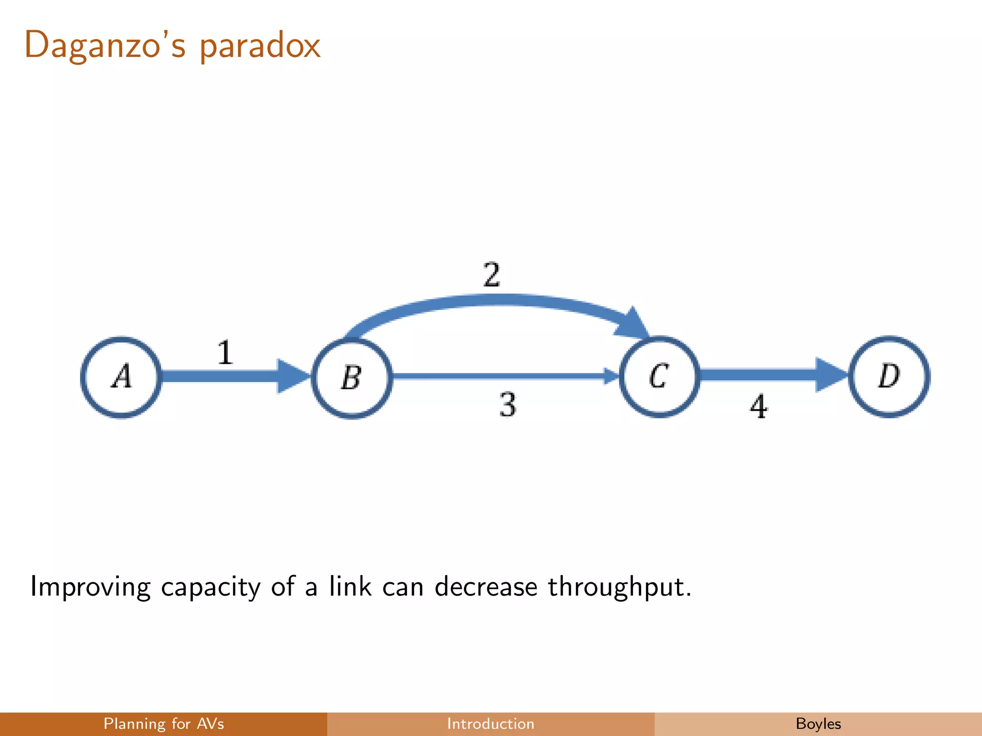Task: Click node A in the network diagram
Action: click(x=121, y=377)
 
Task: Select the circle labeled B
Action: click(x=352, y=378)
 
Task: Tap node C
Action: click(x=659, y=377)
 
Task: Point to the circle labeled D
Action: click(x=889, y=377)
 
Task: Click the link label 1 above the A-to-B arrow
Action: click(x=225, y=353)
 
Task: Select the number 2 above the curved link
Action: click(x=492, y=275)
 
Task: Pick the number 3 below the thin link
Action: click(x=508, y=405)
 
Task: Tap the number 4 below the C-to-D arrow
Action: click(x=759, y=407)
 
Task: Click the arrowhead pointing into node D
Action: click(x=831, y=375)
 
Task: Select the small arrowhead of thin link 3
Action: click(x=611, y=376)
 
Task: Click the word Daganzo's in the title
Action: click(x=105, y=46)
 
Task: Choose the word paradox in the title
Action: click(x=259, y=47)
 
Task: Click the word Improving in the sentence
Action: click(x=90, y=587)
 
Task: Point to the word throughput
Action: click(x=619, y=587)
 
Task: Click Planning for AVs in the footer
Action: click(x=164, y=724)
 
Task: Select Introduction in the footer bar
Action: click(x=491, y=724)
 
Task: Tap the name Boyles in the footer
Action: click(x=818, y=724)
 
